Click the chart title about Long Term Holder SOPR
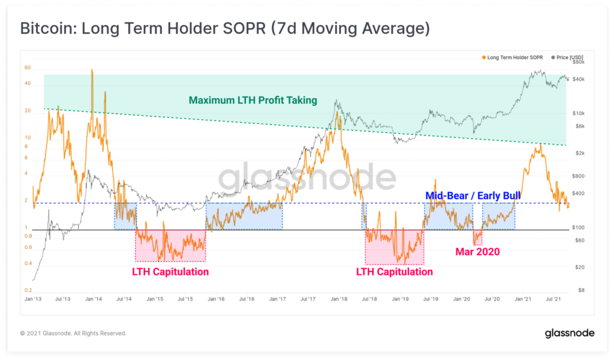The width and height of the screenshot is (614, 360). [225, 29]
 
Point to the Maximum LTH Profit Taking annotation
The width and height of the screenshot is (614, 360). [252, 100]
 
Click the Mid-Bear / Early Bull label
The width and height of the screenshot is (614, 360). [472, 196]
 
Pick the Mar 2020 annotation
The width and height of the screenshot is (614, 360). [477, 252]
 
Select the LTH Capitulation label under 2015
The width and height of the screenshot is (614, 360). [170, 272]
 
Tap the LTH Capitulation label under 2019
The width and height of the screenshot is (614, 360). [394, 272]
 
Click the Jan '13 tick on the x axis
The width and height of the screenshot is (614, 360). [33, 298]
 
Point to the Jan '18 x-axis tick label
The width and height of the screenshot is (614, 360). [339, 298]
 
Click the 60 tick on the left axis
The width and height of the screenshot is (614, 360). [28, 68]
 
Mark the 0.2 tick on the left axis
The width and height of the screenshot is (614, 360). [28, 290]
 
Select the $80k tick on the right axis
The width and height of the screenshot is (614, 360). [578, 62]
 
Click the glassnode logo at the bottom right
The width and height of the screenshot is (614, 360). [569, 333]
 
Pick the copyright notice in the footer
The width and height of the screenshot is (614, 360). [73, 333]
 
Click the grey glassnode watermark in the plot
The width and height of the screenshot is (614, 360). [306, 178]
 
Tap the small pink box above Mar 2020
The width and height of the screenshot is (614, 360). [477, 238]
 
